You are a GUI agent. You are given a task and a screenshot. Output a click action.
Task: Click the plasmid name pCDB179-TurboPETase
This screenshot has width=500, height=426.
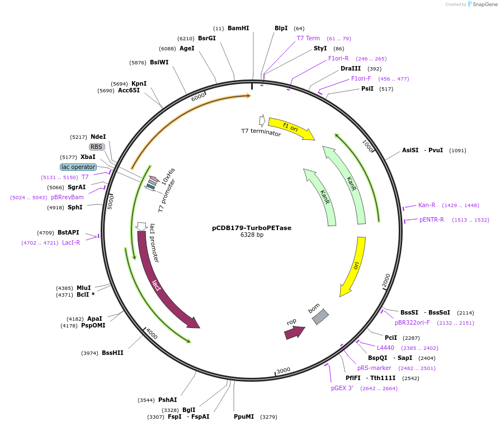[251, 228]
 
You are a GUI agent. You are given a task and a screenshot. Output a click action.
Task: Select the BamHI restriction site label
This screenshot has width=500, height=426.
[238, 28]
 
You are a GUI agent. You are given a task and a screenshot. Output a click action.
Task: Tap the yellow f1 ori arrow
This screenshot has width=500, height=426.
[291, 129]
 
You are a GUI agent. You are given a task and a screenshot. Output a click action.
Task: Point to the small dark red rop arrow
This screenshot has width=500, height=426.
[294, 332]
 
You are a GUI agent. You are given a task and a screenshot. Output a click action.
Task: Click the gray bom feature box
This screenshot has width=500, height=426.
[320, 316]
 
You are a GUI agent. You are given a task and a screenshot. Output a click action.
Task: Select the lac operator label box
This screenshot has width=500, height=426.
[78, 167]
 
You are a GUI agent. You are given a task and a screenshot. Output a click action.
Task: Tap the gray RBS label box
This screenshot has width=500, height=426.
[97, 147]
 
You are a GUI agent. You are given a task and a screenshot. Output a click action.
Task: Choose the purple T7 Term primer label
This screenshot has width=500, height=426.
[308, 39]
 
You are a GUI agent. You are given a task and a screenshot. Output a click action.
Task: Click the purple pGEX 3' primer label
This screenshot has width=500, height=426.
[342, 388]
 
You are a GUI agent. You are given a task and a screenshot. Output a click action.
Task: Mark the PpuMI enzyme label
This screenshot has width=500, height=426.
[244, 416]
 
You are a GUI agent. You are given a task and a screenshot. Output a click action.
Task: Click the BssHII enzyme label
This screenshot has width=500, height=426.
[112, 353]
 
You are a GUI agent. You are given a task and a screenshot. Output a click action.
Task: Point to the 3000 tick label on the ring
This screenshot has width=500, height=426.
[283, 370]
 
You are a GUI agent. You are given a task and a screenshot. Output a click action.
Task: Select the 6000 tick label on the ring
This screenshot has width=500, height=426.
[199, 97]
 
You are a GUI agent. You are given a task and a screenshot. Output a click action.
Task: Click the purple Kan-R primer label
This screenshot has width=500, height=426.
[427, 205]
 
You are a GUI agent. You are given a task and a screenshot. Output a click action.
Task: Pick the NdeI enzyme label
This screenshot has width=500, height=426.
[98, 137]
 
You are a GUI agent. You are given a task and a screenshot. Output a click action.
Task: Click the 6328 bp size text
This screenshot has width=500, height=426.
[252, 235]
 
